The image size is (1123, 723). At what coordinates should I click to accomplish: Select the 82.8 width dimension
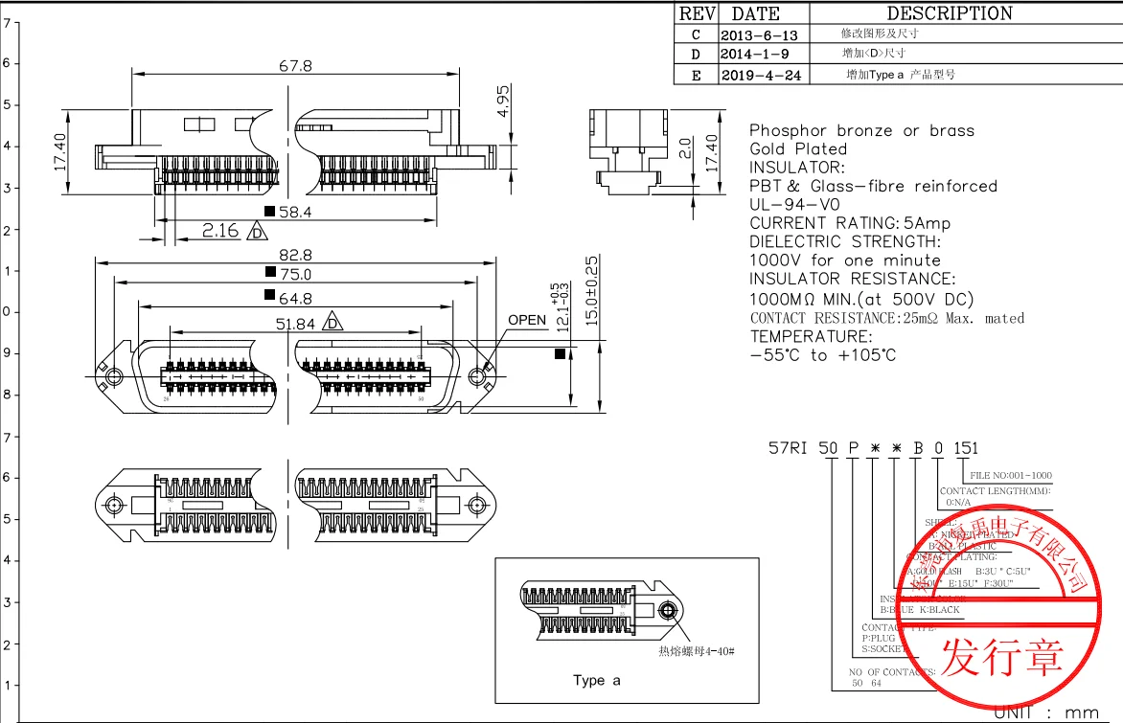(295, 255)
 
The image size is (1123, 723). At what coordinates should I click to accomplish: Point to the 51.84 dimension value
(295, 324)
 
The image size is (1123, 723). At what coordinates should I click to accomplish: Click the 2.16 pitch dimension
(220, 231)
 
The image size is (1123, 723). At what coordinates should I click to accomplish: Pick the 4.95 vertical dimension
(504, 101)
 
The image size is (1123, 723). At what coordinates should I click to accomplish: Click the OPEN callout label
(527, 320)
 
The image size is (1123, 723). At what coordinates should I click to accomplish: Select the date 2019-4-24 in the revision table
(760, 75)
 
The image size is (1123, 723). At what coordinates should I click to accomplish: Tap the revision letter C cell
(696, 34)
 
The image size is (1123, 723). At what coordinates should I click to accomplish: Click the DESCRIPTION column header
(949, 13)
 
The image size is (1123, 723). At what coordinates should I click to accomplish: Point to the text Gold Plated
(798, 148)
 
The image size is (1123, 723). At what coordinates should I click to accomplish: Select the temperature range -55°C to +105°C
(822, 355)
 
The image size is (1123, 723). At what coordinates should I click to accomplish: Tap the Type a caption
(597, 680)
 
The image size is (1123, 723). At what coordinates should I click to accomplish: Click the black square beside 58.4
(270, 212)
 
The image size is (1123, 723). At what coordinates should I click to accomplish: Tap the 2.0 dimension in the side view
(683, 147)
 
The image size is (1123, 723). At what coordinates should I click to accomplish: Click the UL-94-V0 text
(794, 204)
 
